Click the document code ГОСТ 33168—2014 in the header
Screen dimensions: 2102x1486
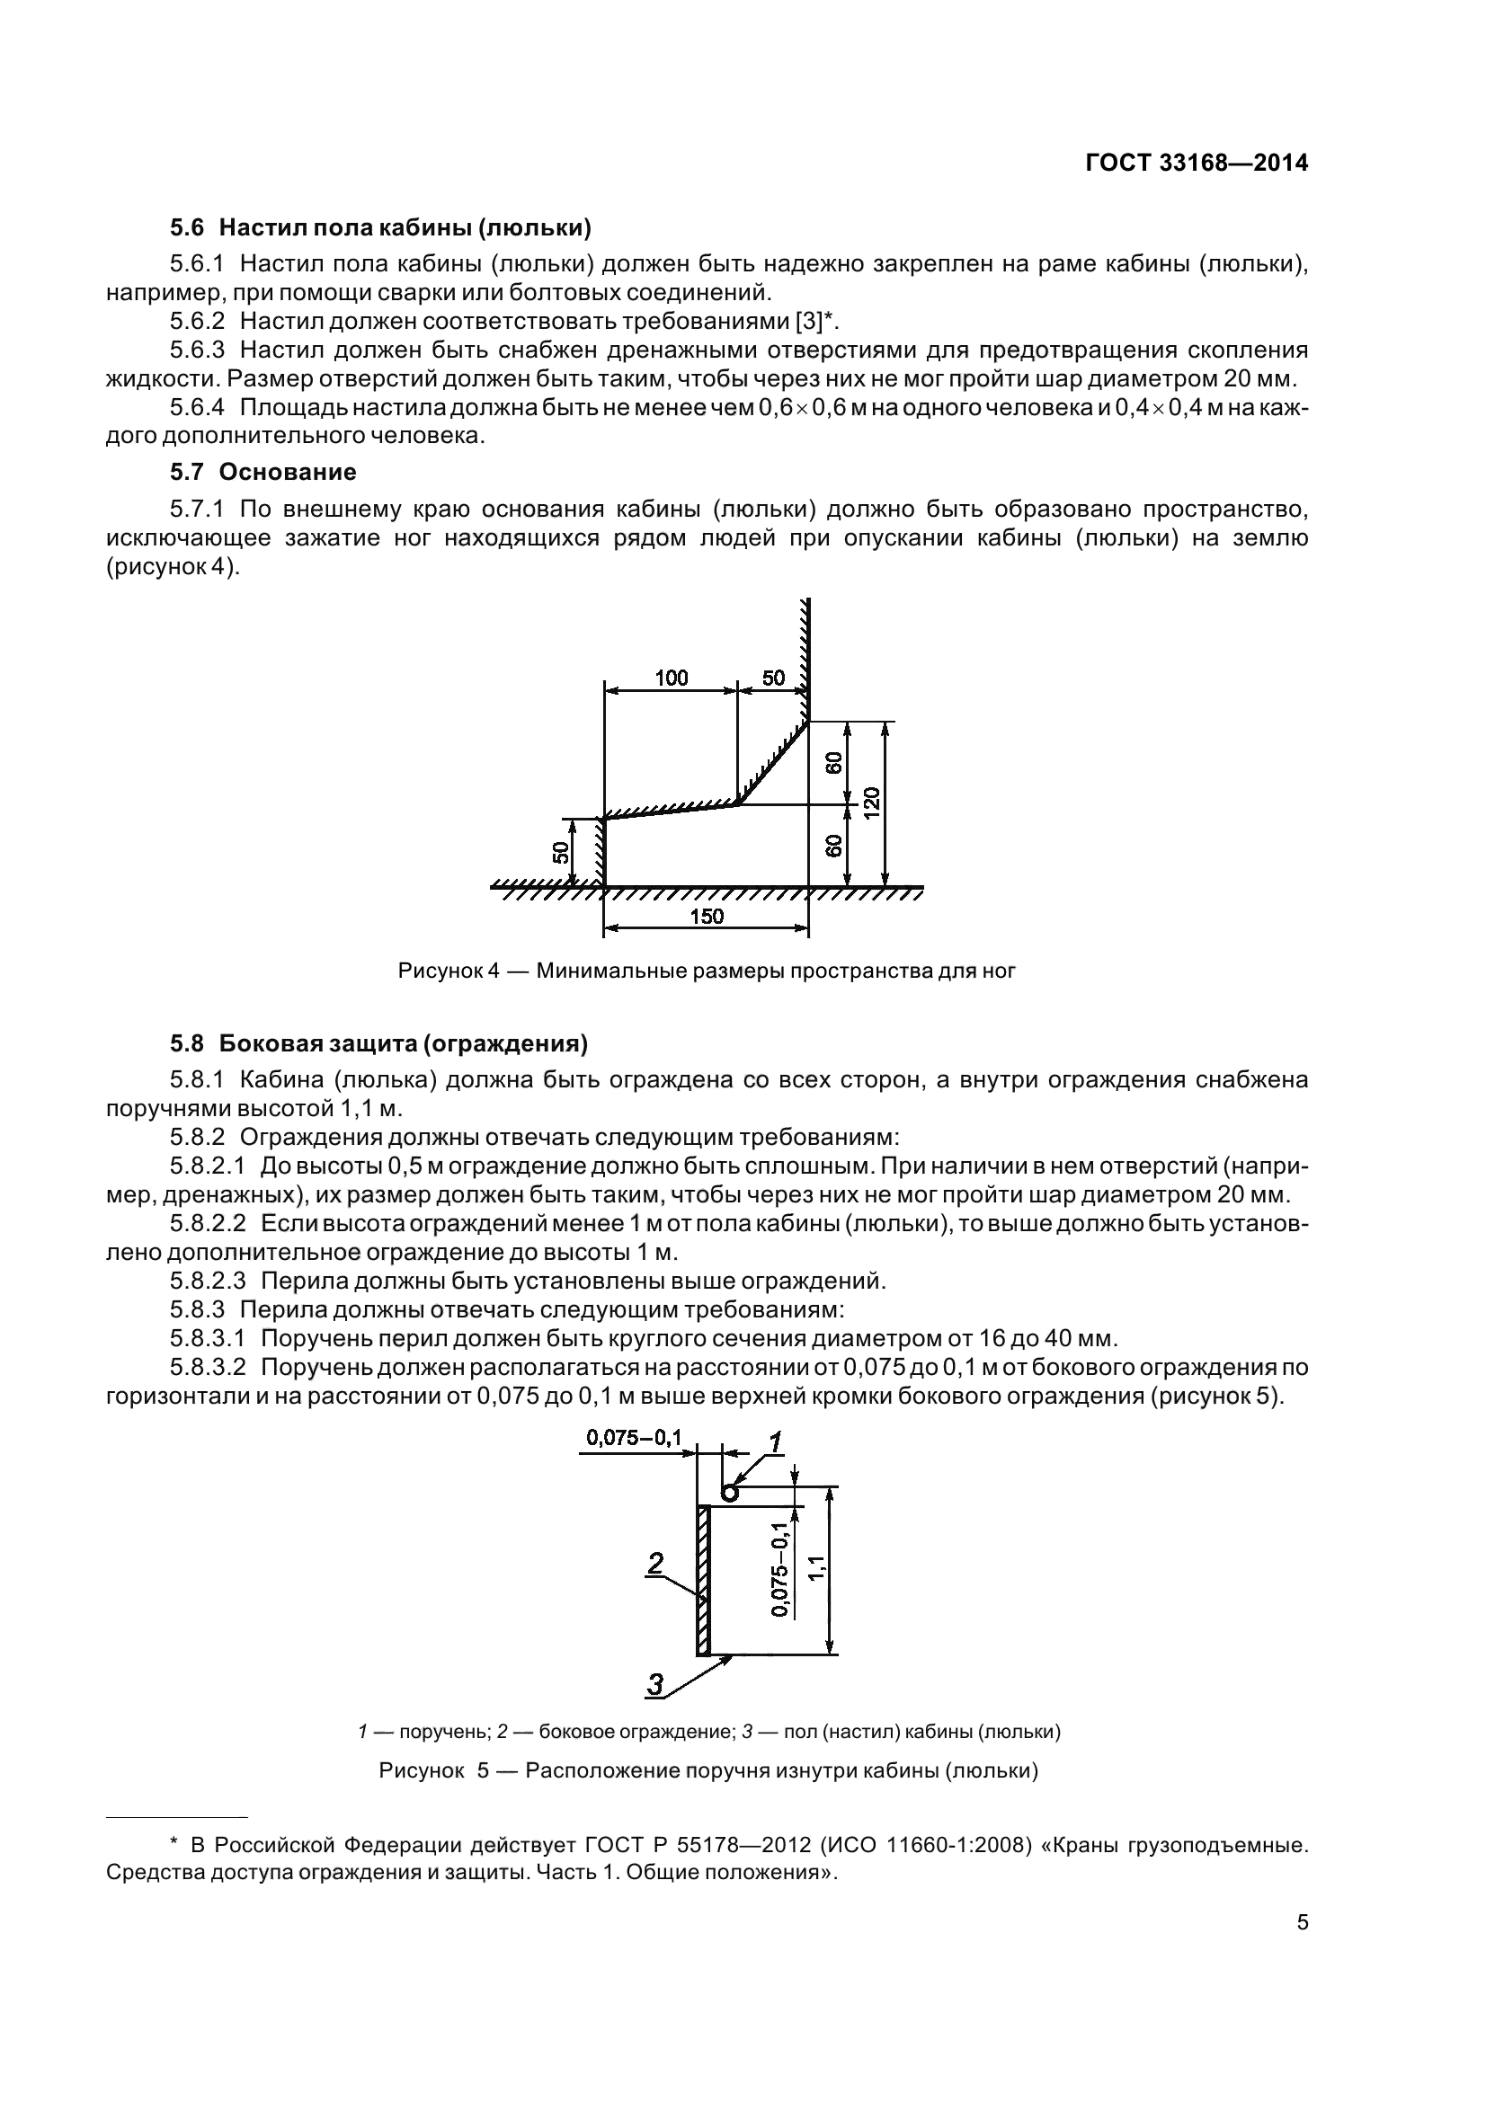(1196, 163)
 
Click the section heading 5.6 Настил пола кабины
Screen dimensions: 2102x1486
(380, 226)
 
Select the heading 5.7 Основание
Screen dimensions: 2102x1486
(262, 472)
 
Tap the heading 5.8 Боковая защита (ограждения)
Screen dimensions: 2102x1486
(378, 1042)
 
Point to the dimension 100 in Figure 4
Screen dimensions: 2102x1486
(672, 678)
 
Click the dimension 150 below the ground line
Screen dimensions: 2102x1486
(706, 917)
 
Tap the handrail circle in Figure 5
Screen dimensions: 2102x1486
(729, 1494)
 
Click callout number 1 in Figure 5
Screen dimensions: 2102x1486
(775, 1444)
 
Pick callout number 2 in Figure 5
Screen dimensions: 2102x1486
(655, 1563)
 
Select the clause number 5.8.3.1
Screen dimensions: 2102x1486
(207, 1338)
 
